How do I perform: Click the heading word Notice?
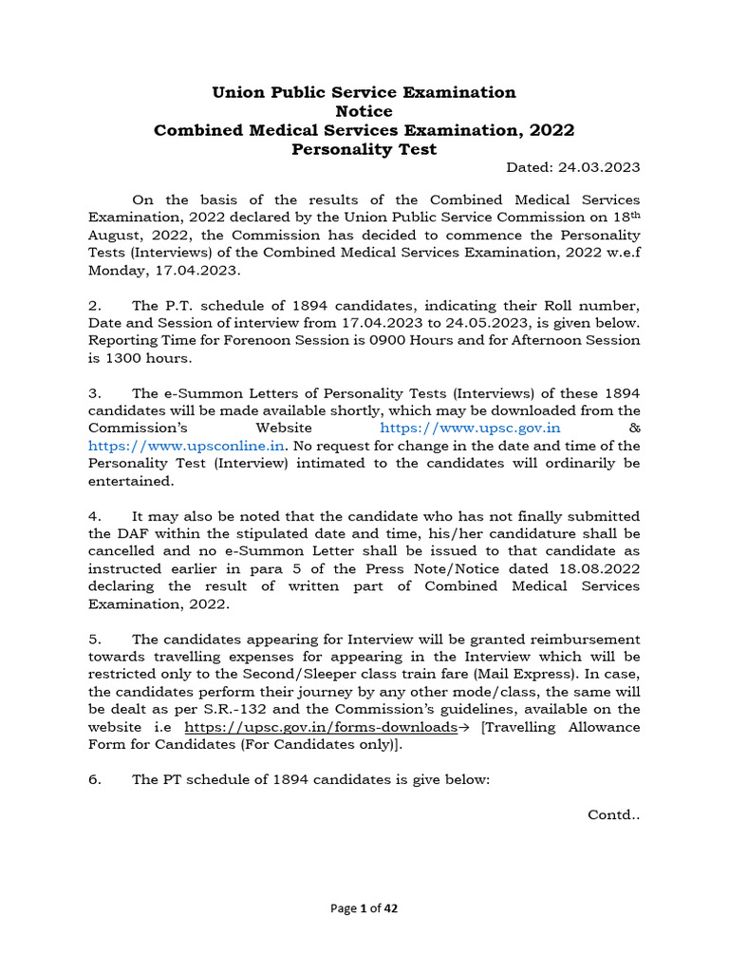(x=364, y=111)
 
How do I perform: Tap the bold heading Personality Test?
(x=364, y=149)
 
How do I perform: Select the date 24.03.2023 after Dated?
(x=602, y=167)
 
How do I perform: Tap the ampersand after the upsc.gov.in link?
(x=635, y=429)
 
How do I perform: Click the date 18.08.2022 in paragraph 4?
(x=602, y=568)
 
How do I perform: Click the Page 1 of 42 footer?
(x=364, y=908)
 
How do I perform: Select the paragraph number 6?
(x=94, y=779)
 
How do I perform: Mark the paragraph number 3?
(x=94, y=393)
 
